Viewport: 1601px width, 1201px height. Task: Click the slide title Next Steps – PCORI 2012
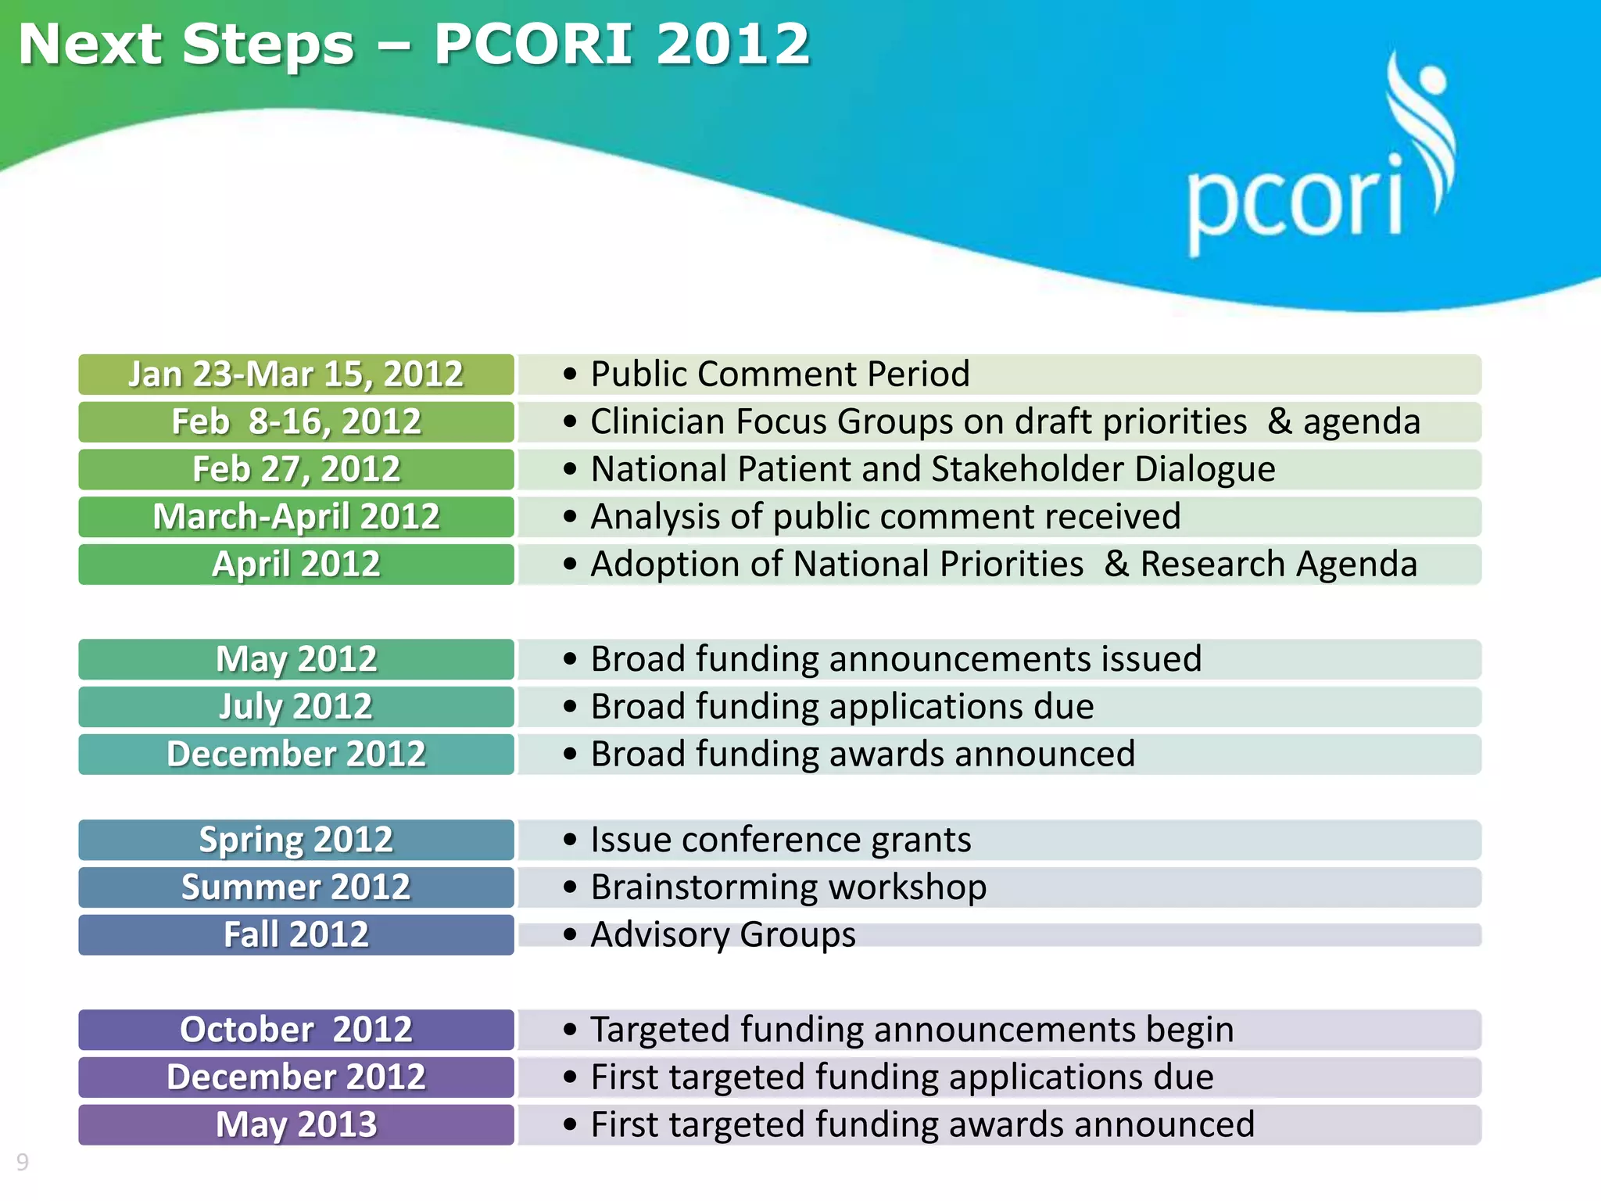pyautogui.click(x=414, y=45)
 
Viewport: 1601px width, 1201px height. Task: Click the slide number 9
pyautogui.click(x=23, y=1162)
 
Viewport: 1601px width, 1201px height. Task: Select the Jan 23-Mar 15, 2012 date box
pyautogui.click(x=296, y=375)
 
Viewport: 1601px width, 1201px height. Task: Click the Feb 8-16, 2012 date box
pyautogui.click(x=296, y=422)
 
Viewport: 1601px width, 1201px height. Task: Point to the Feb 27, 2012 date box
pyautogui.click(x=296, y=470)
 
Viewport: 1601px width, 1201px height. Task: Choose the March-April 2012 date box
pyautogui.click(x=296, y=517)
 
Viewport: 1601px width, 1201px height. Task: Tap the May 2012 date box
pyautogui.click(x=296, y=659)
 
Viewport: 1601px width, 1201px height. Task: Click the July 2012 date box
pyautogui.click(x=296, y=707)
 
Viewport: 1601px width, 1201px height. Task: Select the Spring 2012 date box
pyautogui.click(x=296, y=840)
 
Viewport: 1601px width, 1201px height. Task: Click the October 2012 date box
pyautogui.click(x=296, y=1030)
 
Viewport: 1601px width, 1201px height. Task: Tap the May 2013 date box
pyautogui.click(x=296, y=1125)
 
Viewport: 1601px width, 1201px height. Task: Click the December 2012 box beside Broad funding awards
pyautogui.click(x=296, y=755)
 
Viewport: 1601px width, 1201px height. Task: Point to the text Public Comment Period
pyautogui.click(x=779, y=375)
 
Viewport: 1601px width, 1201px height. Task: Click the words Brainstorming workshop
pyautogui.click(x=788, y=887)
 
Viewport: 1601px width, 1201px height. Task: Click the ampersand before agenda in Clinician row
pyautogui.click(x=1280, y=422)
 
